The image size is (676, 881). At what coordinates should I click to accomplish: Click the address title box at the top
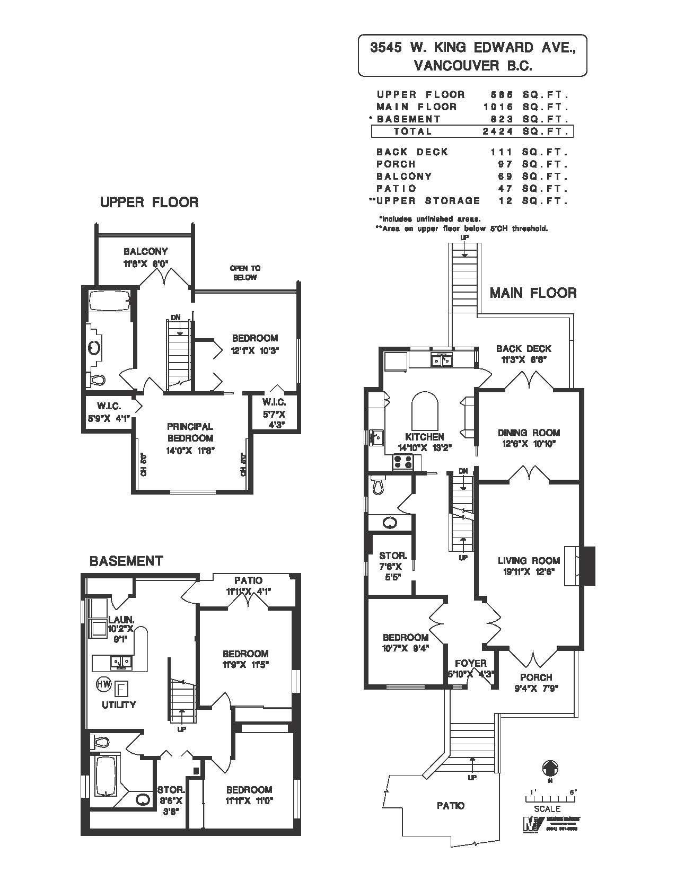(x=472, y=56)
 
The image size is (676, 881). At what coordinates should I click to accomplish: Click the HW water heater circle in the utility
(x=102, y=684)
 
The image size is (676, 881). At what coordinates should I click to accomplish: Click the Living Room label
(x=529, y=560)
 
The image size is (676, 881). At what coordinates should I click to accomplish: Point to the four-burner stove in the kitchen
(x=403, y=462)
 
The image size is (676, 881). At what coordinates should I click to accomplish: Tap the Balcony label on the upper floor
(x=145, y=251)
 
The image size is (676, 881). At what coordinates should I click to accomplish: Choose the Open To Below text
(x=245, y=272)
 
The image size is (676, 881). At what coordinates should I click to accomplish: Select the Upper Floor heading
(x=149, y=202)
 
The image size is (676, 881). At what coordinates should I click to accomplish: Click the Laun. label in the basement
(x=121, y=619)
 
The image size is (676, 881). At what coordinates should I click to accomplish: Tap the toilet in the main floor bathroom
(x=377, y=486)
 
